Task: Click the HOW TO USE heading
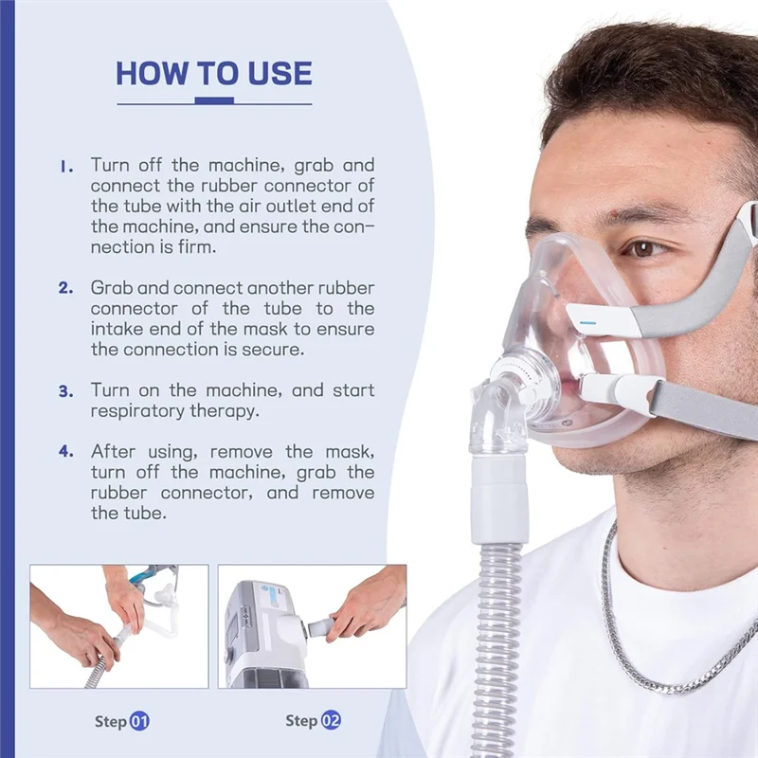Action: tap(214, 73)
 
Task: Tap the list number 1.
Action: tap(65, 165)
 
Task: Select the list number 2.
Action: tap(65, 287)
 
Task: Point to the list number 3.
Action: tap(65, 390)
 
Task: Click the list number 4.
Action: tap(65, 452)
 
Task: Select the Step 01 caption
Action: tap(121, 721)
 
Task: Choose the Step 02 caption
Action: tap(313, 721)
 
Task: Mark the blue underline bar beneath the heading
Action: tap(213, 99)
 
